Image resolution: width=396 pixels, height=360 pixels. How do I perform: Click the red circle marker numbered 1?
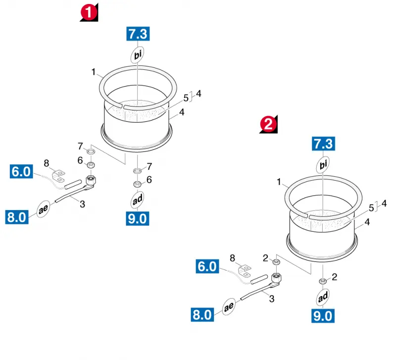click(x=89, y=12)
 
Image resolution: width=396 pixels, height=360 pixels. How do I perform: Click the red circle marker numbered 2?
click(x=268, y=124)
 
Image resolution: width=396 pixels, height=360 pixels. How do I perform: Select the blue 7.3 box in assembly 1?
click(x=138, y=34)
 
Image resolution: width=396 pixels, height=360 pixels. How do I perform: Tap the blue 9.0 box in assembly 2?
click(x=323, y=316)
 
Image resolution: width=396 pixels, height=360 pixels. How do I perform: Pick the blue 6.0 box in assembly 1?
click(x=21, y=171)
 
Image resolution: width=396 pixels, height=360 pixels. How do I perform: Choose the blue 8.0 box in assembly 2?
click(x=202, y=314)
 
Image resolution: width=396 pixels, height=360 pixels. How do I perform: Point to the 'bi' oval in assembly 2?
click(x=323, y=165)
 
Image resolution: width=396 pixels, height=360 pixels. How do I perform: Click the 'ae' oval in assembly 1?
click(x=43, y=208)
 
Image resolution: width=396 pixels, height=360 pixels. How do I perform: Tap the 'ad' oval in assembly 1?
click(x=138, y=200)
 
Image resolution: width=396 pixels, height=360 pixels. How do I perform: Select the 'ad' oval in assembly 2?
click(x=323, y=297)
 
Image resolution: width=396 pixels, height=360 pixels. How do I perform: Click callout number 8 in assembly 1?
click(x=46, y=163)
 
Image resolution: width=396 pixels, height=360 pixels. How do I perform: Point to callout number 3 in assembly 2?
click(x=272, y=299)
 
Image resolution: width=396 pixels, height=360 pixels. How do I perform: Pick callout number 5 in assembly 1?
click(x=186, y=98)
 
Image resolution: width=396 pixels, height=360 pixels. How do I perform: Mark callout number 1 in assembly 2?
click(x=279, y=182)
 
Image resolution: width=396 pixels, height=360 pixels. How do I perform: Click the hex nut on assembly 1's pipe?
click(x=91, y=180)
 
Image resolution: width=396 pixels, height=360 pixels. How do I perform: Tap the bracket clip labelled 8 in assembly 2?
click(x=245, y=270)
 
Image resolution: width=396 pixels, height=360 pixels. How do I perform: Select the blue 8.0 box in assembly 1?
click(x=17, y=217)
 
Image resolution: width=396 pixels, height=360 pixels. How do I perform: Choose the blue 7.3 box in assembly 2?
click(x=324, y=144)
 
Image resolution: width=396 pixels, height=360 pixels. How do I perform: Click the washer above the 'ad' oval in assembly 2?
click(x=322, y=281)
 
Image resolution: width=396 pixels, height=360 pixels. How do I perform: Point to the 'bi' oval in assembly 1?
click(x=138, y=54)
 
